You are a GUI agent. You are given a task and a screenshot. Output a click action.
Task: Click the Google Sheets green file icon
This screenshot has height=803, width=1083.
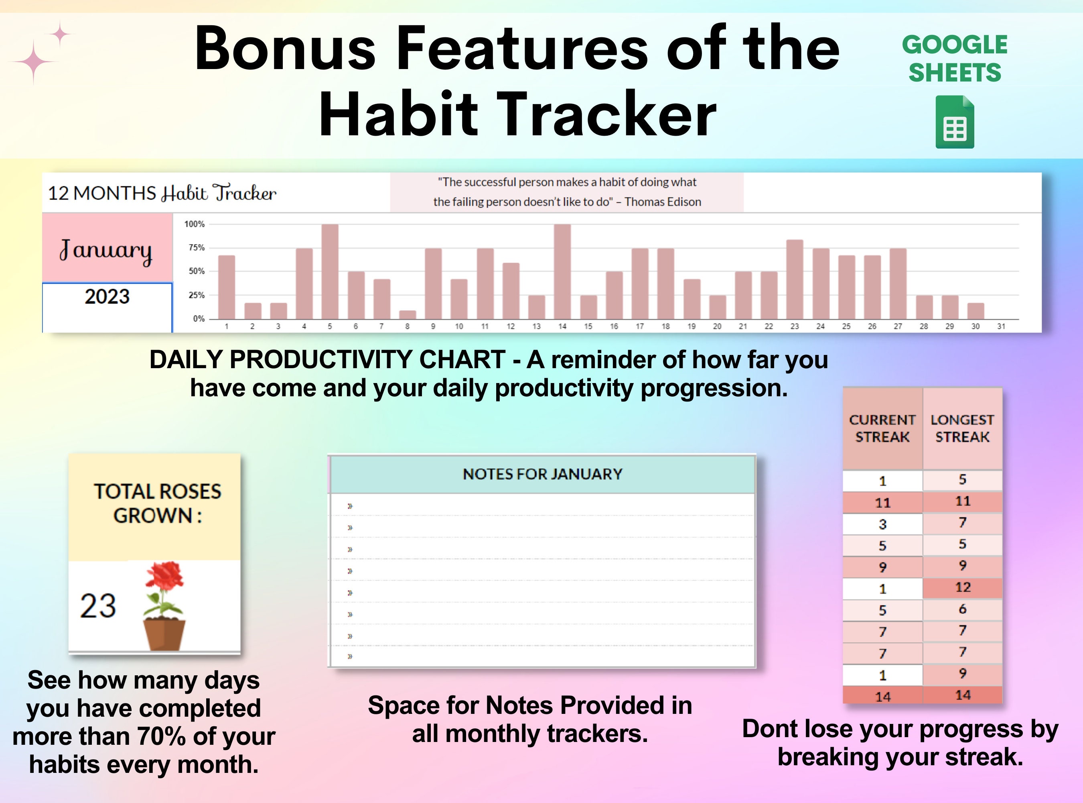[x=955, y=122]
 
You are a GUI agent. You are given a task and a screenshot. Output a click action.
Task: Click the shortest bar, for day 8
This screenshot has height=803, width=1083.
[x=408, y=314]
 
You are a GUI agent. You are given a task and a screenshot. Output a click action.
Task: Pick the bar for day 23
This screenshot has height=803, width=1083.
[x=795, y=279]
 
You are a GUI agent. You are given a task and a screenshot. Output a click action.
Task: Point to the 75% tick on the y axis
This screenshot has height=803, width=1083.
[x=196, y=247]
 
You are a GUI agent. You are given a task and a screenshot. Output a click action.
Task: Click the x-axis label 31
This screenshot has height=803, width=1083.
[x=1001, y=326]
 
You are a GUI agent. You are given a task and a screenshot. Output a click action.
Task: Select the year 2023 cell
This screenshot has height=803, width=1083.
[x=107, y=296]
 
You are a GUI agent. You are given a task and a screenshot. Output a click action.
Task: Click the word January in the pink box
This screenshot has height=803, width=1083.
[x=106, y=250]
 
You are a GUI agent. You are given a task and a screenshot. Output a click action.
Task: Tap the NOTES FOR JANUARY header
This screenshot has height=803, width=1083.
[x=542, y=474]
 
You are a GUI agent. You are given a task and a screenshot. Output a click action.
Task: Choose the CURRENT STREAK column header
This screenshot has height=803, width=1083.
[x=882, y=428]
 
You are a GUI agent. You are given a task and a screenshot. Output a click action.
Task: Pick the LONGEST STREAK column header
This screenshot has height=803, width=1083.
[x=962, y=428]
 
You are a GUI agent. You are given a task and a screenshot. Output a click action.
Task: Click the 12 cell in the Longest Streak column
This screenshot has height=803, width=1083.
[x=962, y=587]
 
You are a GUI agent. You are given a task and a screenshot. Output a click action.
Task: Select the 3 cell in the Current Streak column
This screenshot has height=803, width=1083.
[x=882, y=524]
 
